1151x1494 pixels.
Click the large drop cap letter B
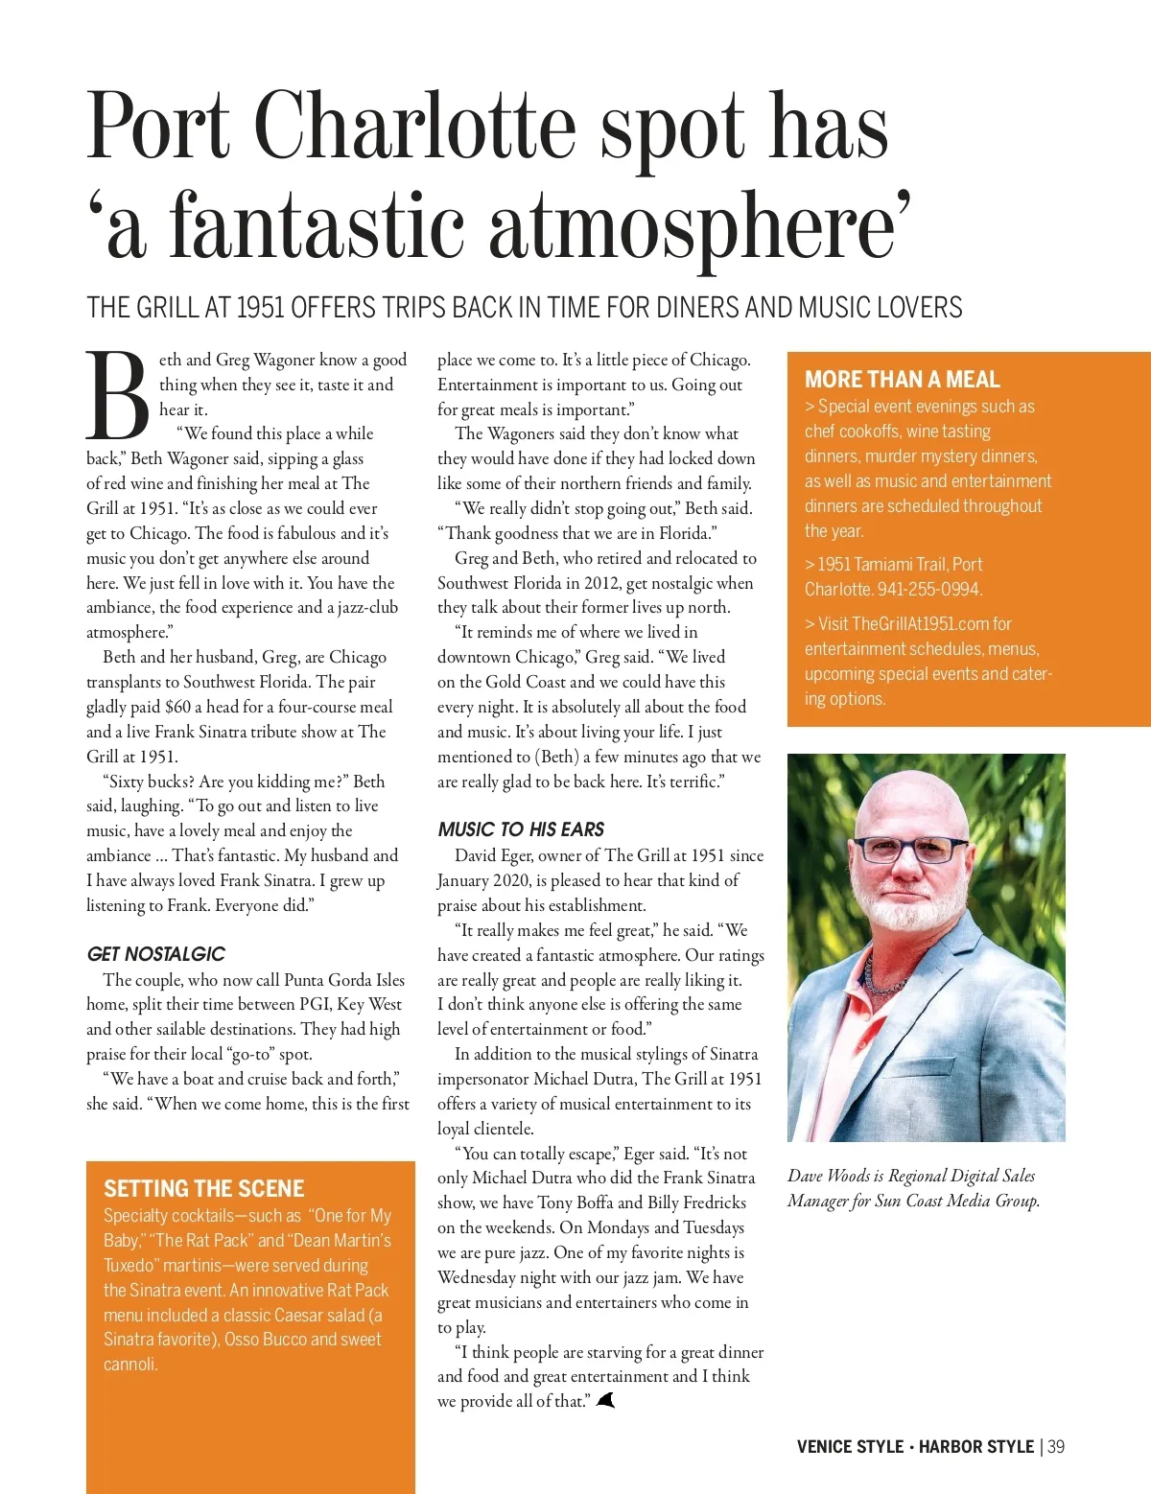coord(117,394)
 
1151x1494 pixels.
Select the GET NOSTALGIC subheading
coord(155,954)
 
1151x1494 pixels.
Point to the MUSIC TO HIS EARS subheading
coord(521,829)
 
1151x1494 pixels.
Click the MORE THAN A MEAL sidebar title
coord(902,380)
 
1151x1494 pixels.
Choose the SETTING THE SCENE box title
coord(203,1189)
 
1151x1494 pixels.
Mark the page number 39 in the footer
coord(1056,1446)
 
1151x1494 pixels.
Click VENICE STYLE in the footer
coord(850,1446)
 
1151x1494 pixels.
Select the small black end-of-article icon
coord(605,1401)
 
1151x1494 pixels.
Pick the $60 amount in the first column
coord(177,707)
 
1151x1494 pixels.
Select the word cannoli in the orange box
coord(130,1365)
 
